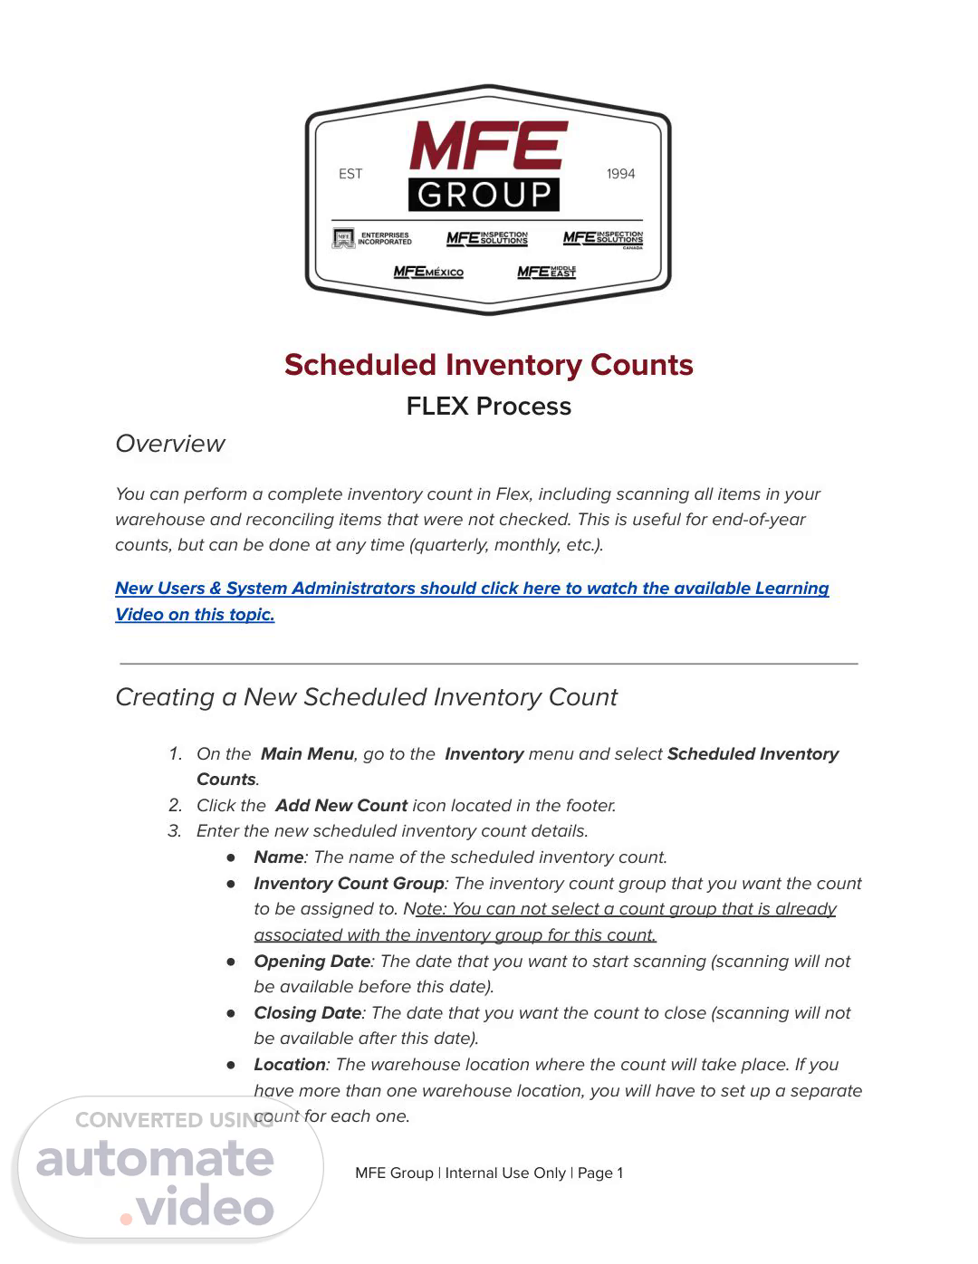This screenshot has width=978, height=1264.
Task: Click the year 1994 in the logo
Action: (x=620, y=174)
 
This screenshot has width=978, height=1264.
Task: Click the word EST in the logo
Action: (x=350, y=174)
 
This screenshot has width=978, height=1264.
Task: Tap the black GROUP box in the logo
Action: (x=484, y=195)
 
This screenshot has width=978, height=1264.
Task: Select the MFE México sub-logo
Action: (x=428, y=272)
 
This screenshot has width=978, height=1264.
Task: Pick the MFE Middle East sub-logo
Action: (x=546, y=272)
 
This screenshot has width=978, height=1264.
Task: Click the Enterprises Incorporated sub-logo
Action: (x=372, y=238)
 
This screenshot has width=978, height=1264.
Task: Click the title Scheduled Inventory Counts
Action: (x=488, y=365)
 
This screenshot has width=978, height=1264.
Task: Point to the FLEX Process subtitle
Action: (x=488, y=407)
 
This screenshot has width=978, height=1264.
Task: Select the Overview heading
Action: (x=169, y=444)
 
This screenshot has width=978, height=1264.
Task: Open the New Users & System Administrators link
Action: (x=471, y=589)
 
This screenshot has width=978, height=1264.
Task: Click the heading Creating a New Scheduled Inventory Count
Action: (x=366, y=697)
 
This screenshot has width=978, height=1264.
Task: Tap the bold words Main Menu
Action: (x=307, y=754)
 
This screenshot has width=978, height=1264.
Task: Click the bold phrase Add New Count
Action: (x=341, y=806)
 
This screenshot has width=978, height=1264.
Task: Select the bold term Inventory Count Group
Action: (x=349, y=884)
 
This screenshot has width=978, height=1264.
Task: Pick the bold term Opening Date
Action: (x=312, y=962)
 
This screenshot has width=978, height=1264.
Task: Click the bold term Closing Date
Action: (x=308, y=1013)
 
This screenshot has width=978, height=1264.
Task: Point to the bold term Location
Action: (x=289, y=1065)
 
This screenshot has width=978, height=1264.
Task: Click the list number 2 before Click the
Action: (x=175, y=806)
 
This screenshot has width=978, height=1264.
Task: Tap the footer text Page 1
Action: (x=600, y=1173)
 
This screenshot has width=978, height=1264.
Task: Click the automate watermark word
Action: (x=155, y=1160)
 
